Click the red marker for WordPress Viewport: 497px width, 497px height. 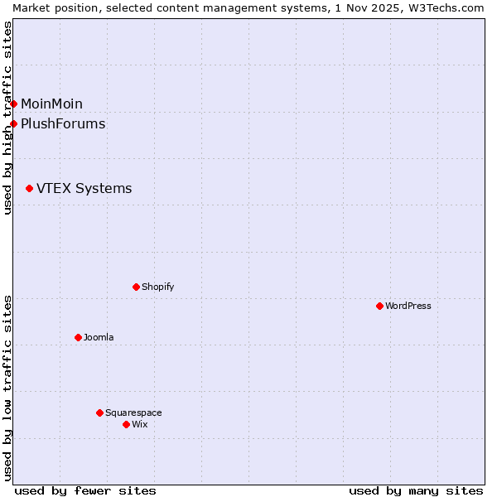pyautogui.click(x=379, y=306)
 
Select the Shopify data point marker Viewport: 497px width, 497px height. pyautogui.click(x=136, y=287)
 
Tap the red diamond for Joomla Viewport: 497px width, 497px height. pyautogui.click(x=78, y=337)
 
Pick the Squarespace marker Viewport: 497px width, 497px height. pyautogui.click(x=99, y=413)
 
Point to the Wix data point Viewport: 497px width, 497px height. pyautogui.click(x=126, y=424)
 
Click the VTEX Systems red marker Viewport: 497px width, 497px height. pyautogui.click(x=29, y=189)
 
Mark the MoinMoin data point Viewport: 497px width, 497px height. pyautogui.click(x=13, y=104)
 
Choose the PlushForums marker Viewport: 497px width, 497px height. pyautogui.click(x=13, y=124)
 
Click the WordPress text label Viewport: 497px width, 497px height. pyautogui.click(x=408, y=306)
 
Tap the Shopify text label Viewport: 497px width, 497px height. pyautogui.click(x=157, y=287)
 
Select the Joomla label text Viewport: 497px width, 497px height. pyautogui.click(x=99, y=337)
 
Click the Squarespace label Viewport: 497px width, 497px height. pyautogui.click(x=133, y=413)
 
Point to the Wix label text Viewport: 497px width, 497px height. pyautogui.click(x=139, y=424)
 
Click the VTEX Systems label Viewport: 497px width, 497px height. pyautogui.click(x=84, y=189)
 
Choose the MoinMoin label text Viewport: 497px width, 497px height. pyautogui.click(x=51, y=104)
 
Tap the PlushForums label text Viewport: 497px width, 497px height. pyautogui.click(x=63, y=124)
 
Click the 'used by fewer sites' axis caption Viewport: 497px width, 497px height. pyautogui.click(x=85, y=490)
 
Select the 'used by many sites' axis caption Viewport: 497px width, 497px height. pyautogui.click(x=416, y=490)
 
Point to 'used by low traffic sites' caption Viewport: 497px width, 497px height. pyautogui.click(x=7, y=388)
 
